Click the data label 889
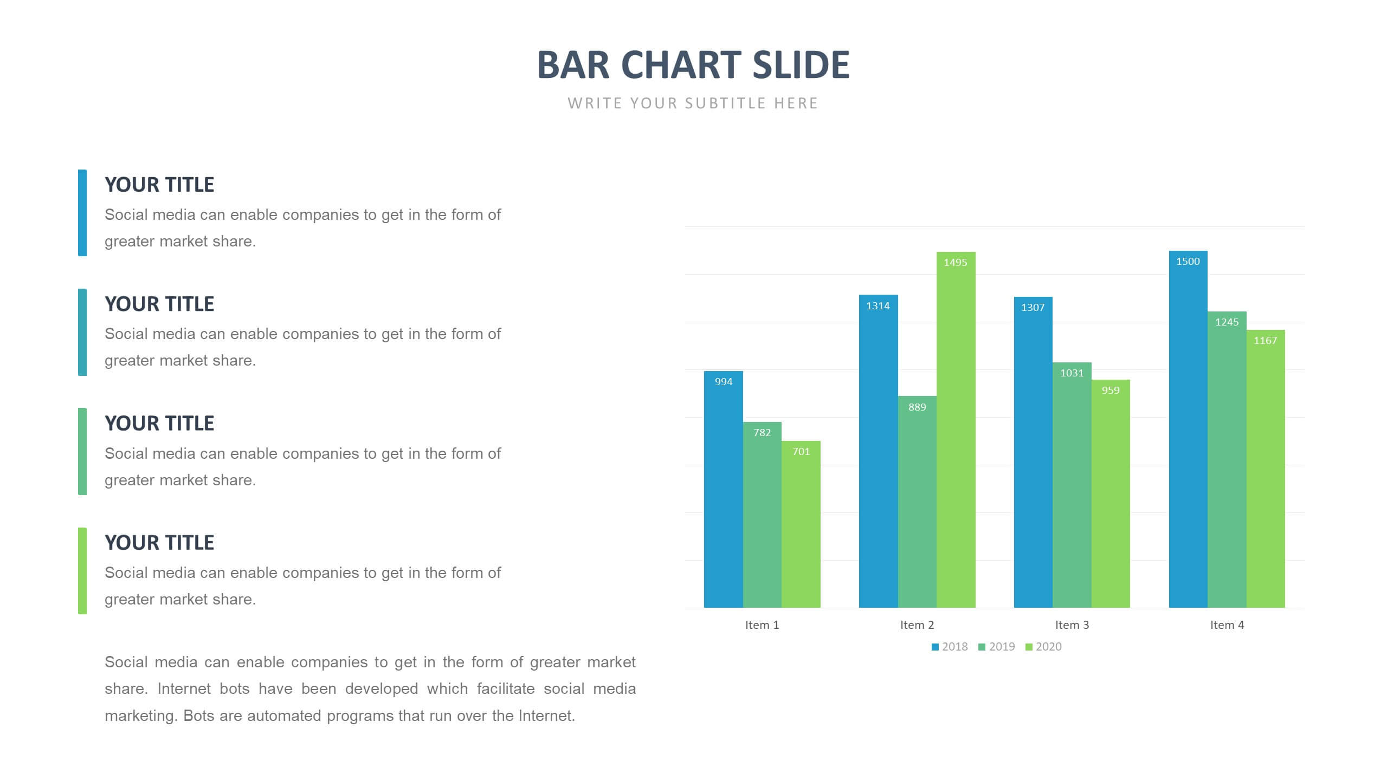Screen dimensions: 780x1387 click(917, 407)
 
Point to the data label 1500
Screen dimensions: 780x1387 click(1188, 262)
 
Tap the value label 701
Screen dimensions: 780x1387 click(801, 452)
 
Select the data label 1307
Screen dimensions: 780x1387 click(1033, 308)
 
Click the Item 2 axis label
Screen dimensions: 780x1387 click(917, 625)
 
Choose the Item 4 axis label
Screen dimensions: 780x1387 click(1227, 625)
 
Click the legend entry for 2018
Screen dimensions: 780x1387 click(950, 647)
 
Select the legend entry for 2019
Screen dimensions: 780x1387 click(996, 647)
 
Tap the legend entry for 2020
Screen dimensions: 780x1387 click(1043, 647)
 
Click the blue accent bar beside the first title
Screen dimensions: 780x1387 click(82, 212)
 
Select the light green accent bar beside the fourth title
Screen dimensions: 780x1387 click(82, 571)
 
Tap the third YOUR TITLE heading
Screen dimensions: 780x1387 click(159, 424)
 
